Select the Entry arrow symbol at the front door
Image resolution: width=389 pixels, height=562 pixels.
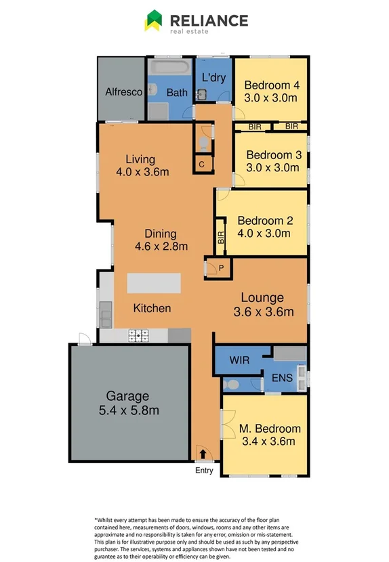point(203,454)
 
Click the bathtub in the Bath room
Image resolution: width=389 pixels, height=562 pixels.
point(169,68)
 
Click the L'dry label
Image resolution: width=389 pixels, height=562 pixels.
point(213,77)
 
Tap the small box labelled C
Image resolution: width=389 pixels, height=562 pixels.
point(202,163)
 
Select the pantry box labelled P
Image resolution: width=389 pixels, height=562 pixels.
point(220,269)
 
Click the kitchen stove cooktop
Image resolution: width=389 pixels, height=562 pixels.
point(139,334)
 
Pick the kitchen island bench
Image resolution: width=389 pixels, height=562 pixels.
point(154,282)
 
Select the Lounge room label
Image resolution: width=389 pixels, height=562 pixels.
point(263,297)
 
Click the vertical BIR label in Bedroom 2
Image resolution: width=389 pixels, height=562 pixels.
point(221,238)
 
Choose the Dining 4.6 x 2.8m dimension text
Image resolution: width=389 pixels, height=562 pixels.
point(161,246)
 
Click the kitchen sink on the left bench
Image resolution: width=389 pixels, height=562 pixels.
point(106,314)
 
